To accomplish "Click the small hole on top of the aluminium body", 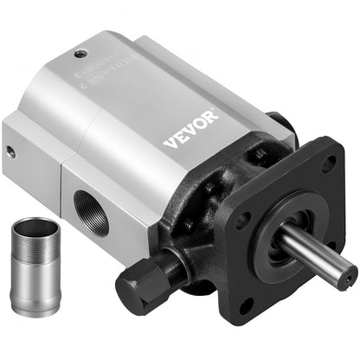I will pyautogui.click(x=81, y=53).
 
